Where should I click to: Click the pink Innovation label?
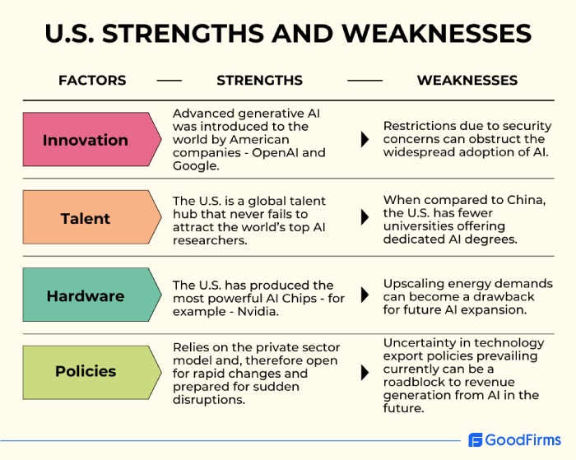tap(86, 140)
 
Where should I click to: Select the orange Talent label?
tap(86, 218)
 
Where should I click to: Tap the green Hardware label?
tap(86, 296)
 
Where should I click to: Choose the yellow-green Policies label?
tap(86, 371)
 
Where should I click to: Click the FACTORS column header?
tap(92, 81)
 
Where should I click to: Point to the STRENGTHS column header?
tap(259, 81)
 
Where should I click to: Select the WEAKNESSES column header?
tap(467, 81)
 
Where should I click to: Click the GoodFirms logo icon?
tap(476, 440)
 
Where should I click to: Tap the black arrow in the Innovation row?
tap(365, 140)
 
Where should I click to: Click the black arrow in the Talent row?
tap(365, 218)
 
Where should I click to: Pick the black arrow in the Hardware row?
tap(365, 296)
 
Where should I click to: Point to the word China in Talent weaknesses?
tap(524, 201)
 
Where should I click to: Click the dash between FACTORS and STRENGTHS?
tap(170, 81)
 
